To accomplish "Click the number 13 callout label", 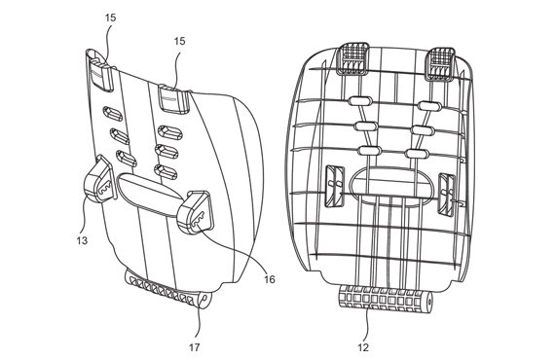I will tap(81, 239).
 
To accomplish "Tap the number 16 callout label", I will tap(268, 279).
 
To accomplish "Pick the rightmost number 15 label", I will tap(179, 41).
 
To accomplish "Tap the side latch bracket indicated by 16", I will tap(199, 211).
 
